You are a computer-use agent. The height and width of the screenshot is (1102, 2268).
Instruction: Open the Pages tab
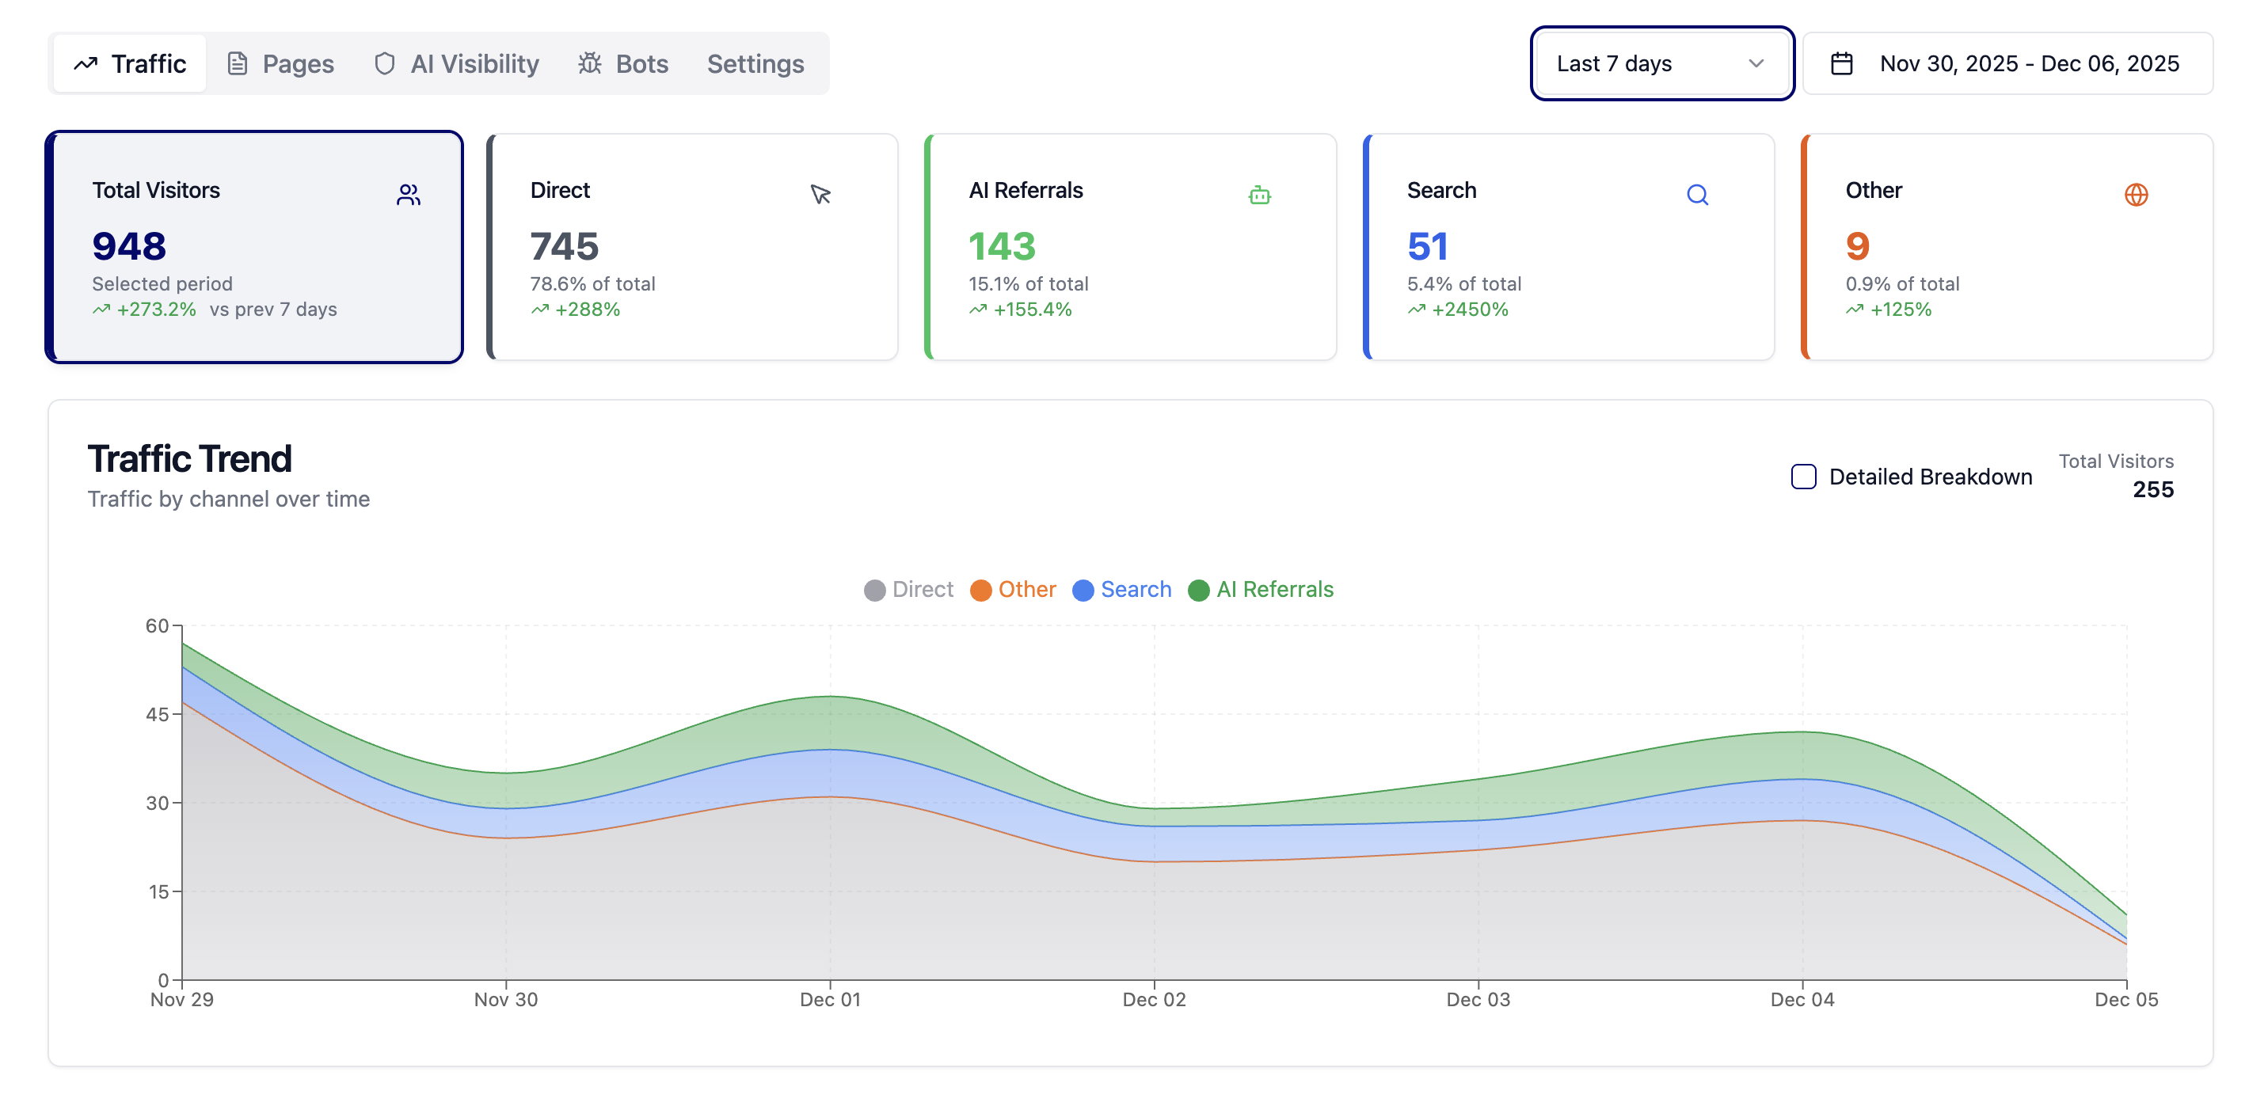(281, 63)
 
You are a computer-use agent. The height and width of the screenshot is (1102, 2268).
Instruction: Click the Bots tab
(623, 63)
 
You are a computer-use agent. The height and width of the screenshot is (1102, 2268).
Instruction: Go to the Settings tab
(755, 63)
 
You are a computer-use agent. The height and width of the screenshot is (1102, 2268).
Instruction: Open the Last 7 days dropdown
(1661, 63)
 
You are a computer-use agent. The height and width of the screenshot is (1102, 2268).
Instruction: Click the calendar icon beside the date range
(1841, 63)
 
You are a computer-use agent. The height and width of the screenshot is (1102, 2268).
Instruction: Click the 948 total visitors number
(129, 245)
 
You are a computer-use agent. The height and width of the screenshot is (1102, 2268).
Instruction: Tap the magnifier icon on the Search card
(1696, 195)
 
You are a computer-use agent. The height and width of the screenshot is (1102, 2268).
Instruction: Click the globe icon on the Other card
(2135, 195)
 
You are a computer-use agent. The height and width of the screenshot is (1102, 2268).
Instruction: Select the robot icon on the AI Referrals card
(1259, 195)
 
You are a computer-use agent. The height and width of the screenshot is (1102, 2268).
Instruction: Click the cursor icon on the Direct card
(820, 195)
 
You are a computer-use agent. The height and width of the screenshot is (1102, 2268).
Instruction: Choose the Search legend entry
(1123, 589)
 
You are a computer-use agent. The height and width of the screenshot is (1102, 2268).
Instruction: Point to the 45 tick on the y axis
(157, 714)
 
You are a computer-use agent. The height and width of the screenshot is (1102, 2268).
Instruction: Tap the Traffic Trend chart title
(189, 458)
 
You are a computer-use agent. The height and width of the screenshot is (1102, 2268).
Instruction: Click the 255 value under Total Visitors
(2152, 489)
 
